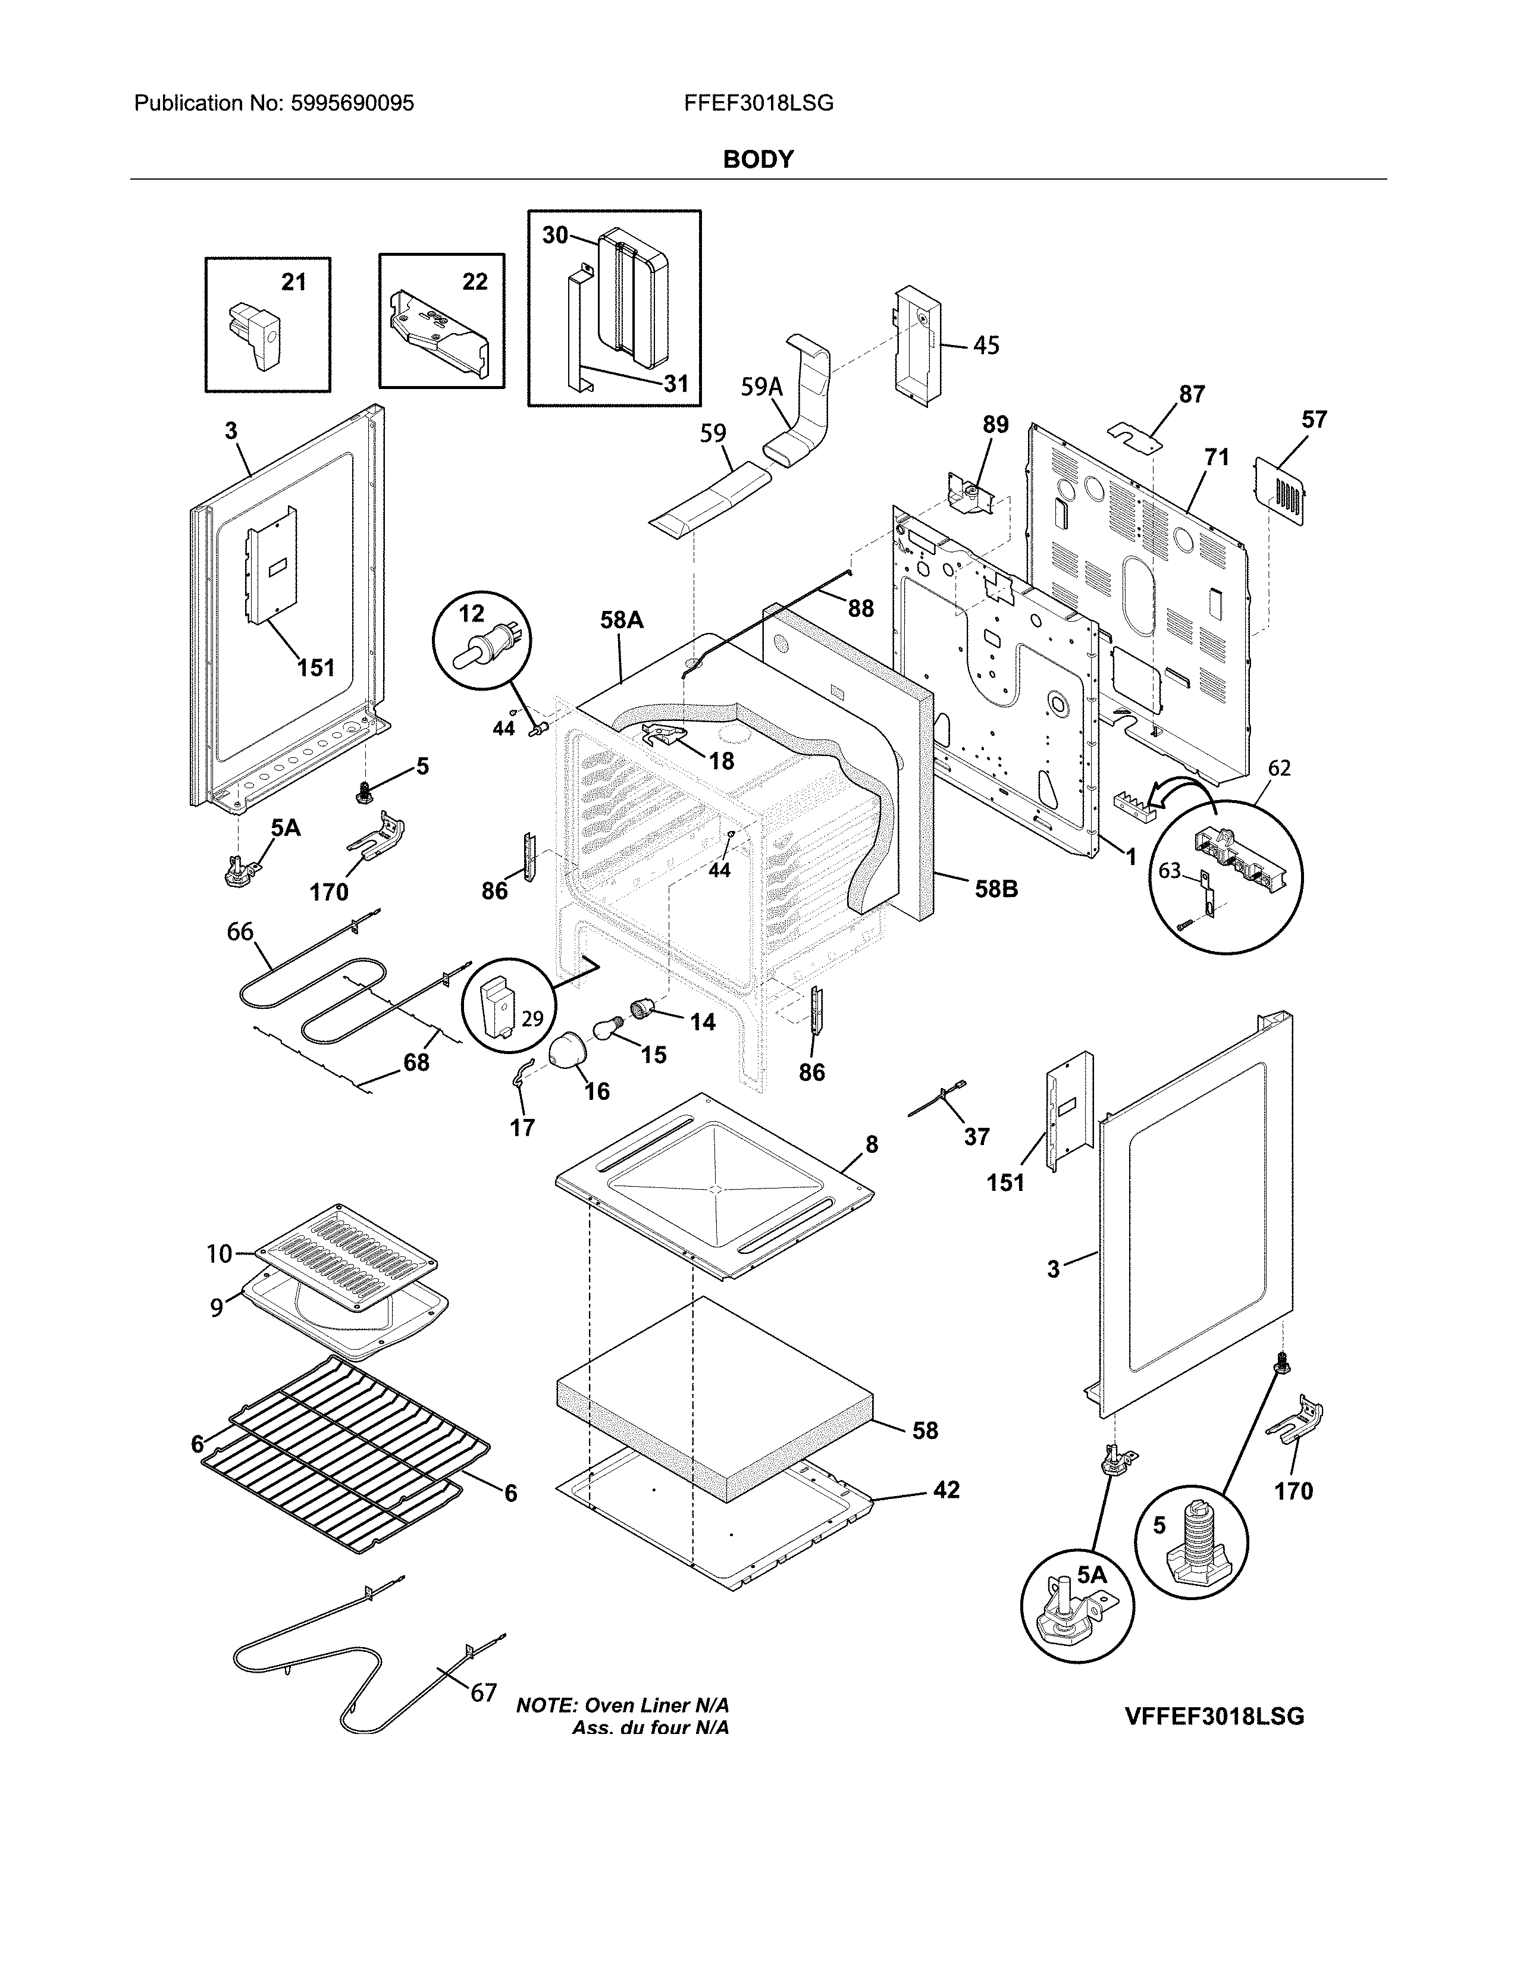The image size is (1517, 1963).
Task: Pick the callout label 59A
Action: [x=761, y=387]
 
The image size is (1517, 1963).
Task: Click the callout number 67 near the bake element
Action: [x=484, y=1692]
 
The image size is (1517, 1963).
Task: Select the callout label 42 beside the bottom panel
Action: [x=946, y=1490]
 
